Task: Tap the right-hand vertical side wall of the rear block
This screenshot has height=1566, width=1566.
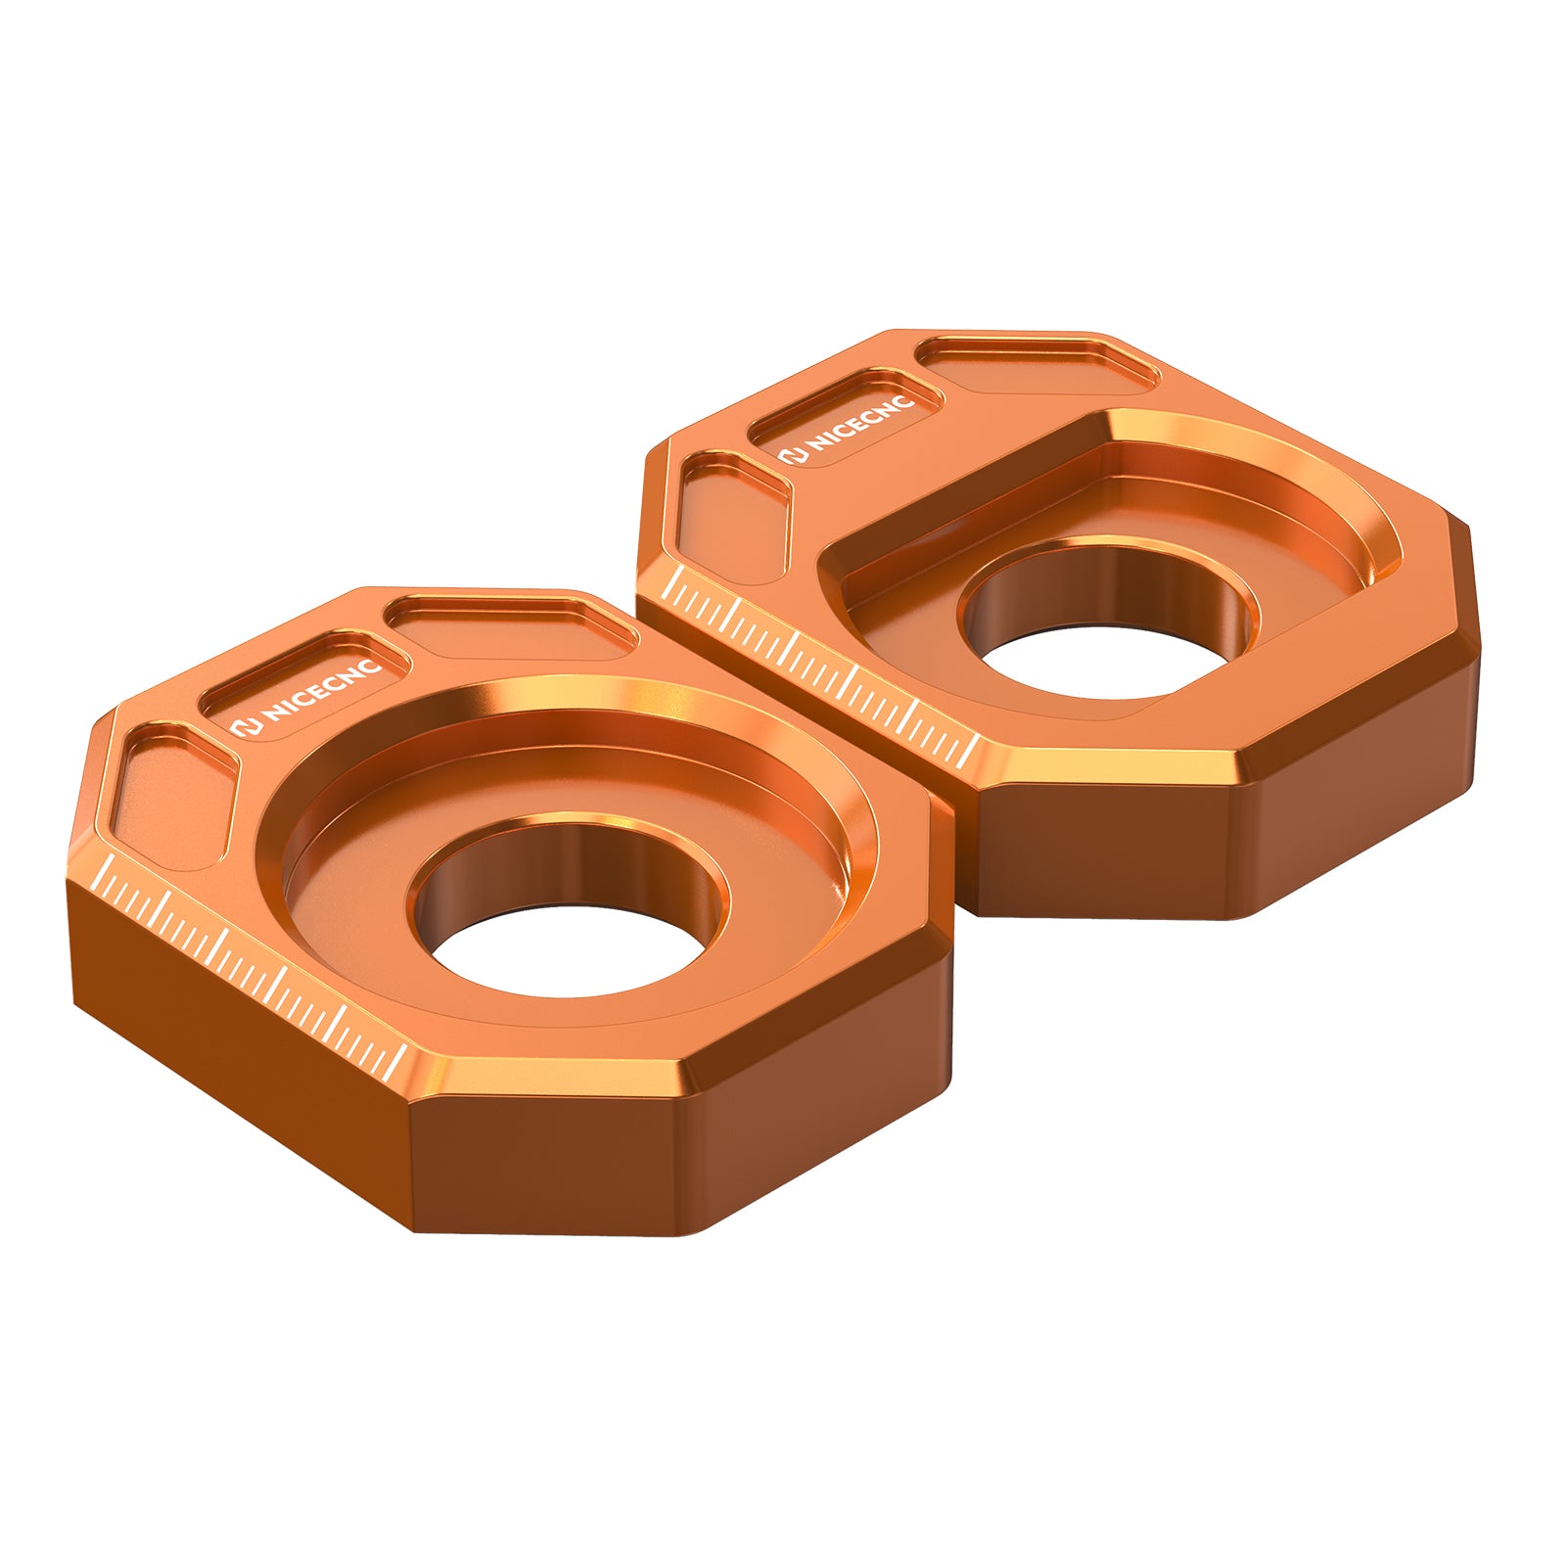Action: (x=1360, y=812)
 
